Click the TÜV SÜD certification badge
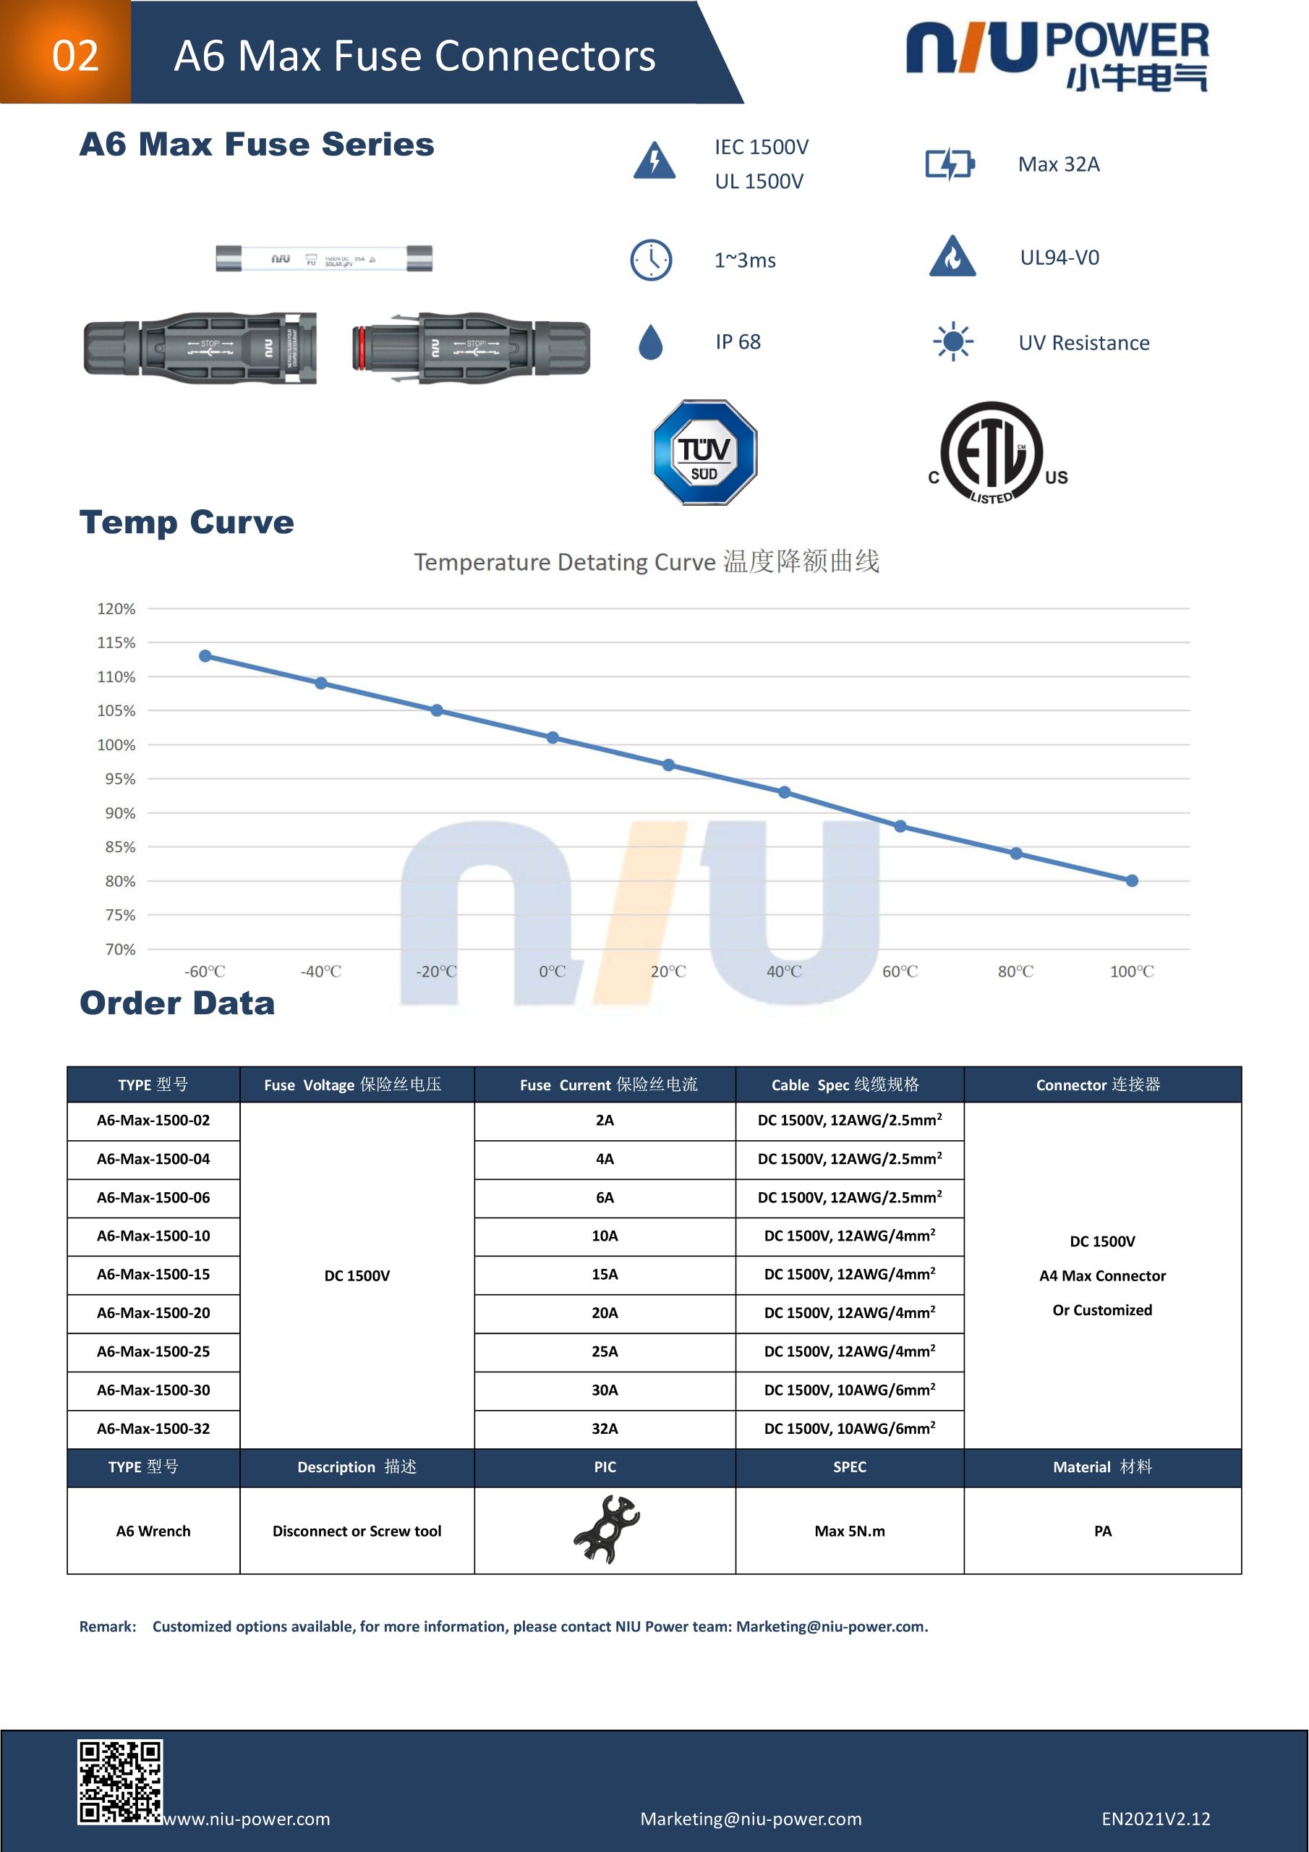pyautogui.click(x=704, y=453)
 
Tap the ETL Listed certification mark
pyautogui.click(x=998, y=454)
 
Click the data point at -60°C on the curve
pyautogui.click(x=205, y=655)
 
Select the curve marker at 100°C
pyautogui.click(x=1132, y=881)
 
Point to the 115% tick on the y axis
pyautogui.click(x=116, y=643)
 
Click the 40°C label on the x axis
pyautogui.click(x=784, y=971)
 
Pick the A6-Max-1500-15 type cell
pyautogui.click(x=153, y=1275)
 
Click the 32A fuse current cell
pyautogui.click(x=605, y=1429)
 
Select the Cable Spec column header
pyautogui.click(x=849, y=1085)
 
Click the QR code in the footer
pyautogui.click(x=120, y=1782)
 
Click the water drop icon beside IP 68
pyautogui.click(x=650, y=342)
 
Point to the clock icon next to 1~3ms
pyautogui.click(x=651, y=260)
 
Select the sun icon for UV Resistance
pyautogui.click(x=952, y=342)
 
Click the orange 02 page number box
pyautogui.click(x=65, y=52)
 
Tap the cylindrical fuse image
pyautogui.click(x=324, y=259)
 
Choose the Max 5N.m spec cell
pyautogui.click(x=849, y=1531)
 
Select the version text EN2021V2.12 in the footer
pyautogui.click(x=1156, y=1819)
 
